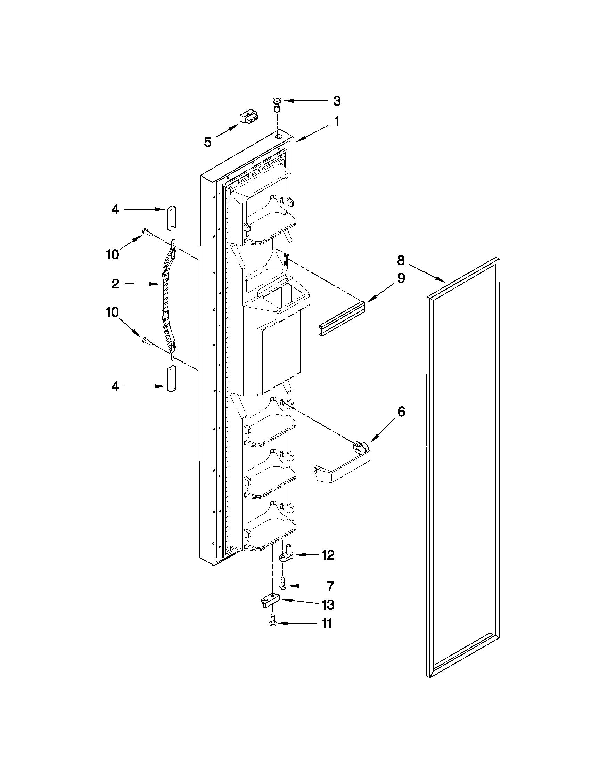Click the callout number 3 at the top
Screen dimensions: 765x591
336,101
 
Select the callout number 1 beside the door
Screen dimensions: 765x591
336,122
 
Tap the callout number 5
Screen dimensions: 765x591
208,142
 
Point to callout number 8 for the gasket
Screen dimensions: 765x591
401,261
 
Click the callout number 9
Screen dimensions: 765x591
401,279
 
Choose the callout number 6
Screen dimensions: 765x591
401,412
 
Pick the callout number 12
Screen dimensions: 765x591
328,555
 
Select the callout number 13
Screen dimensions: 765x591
328,605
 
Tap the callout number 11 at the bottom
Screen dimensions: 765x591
326,624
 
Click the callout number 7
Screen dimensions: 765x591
330,586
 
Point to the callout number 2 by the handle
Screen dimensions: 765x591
116,284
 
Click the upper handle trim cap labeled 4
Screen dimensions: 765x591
171,218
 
